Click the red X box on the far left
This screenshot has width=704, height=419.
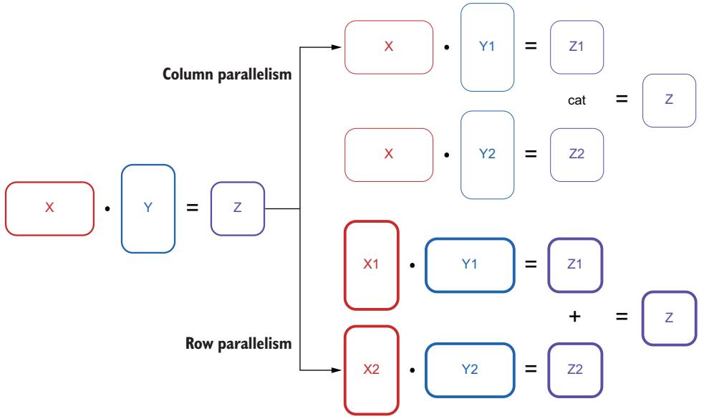coord(49,208)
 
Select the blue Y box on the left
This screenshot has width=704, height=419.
coord(148,208)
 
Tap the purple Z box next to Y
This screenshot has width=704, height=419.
coord(237,208)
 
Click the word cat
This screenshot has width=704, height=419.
coord(577,101)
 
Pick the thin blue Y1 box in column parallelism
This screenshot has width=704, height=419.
coord(487,47)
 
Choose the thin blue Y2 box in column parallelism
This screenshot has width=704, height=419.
coord(487,154)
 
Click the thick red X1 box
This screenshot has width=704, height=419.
coord(371,264)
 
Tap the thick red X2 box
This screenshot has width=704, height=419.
coord(371,370)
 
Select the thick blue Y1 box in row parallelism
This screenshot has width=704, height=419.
coord(470,264)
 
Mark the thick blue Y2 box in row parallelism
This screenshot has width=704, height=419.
coord(470,370)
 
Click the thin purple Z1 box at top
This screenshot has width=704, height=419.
coord(577,47)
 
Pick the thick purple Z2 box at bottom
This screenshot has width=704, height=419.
coord(575,370)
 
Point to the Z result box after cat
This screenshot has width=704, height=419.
coord(669,100)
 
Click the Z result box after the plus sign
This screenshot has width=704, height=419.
coord(669,317)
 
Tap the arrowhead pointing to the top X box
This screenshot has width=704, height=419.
coord(336,48)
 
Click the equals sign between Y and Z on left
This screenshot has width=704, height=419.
coord(192,208)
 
